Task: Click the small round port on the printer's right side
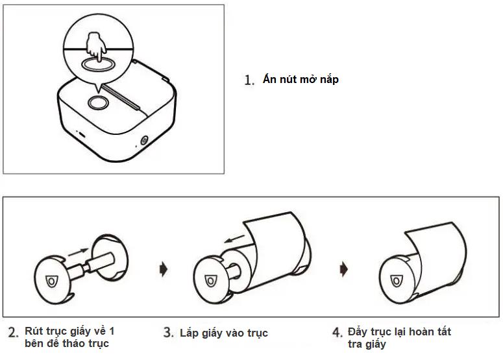click(143, 140)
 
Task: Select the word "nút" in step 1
click(286, 80)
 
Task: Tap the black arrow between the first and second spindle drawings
click(162, 267)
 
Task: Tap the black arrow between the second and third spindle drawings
click(344, 267)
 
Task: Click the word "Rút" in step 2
click(33, 331)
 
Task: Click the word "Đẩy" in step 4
click(359, 331)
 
